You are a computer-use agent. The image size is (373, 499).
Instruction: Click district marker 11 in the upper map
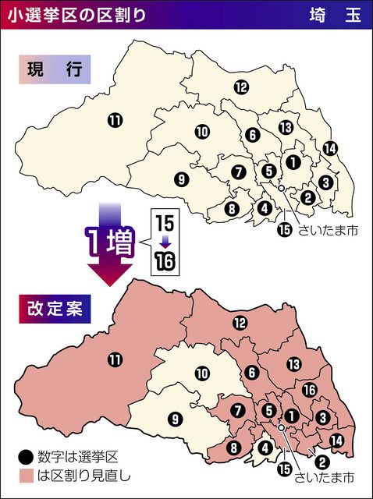[115, 120]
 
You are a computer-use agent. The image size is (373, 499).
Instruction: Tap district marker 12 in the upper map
[241, 87]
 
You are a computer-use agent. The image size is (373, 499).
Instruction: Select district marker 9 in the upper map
[181, 179]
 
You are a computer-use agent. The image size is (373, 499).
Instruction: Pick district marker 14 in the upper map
[329, 148]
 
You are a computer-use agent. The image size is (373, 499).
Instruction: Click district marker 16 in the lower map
[309, 389]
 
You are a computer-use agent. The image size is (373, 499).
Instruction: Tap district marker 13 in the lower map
[294, 364]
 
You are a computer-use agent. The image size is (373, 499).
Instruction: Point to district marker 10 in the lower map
[202, 374]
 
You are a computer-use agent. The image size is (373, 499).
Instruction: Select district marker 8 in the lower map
[233, 448]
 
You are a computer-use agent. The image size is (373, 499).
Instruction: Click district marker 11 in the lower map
[115, 359]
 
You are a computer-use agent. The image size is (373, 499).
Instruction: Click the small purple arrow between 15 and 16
[165, 242]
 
